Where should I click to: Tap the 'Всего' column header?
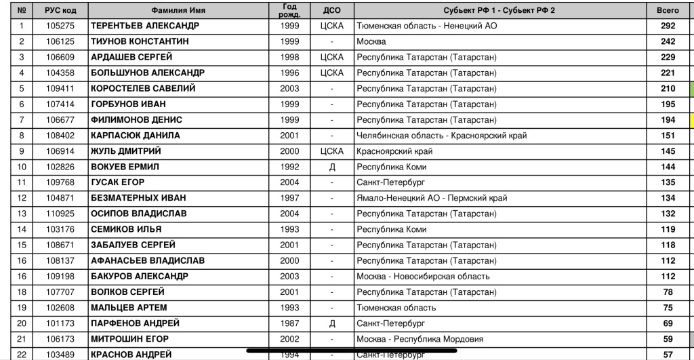(668, 11)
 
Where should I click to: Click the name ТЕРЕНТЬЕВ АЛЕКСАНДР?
(145, 26)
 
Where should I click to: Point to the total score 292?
(668, 26)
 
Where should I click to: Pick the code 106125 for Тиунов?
(60, 41)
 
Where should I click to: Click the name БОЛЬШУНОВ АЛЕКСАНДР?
(148, 73)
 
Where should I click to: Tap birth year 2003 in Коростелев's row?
(289, 88)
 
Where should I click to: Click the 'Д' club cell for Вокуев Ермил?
(332, 167)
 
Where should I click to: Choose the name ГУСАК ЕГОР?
(118, 182)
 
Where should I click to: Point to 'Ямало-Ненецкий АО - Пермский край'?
(432, 198)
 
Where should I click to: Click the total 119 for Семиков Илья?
(668, 229)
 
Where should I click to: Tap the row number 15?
(22, 245)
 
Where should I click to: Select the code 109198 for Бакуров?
(60, 276)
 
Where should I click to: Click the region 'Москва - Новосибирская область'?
(424, 276)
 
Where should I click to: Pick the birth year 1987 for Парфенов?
(289, 323)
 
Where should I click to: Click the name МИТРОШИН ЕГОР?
(130, 339)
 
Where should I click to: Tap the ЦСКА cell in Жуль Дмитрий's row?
(332, 151)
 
